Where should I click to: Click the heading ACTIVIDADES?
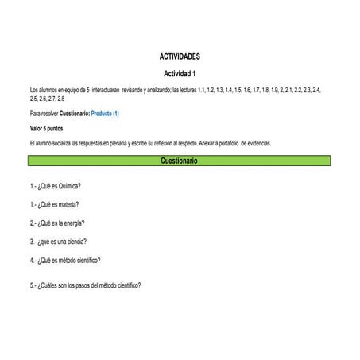coord(180,57)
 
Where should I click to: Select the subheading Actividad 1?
coord(180,72)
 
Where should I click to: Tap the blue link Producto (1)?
coord(105,114)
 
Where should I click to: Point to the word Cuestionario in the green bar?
coord(180,161)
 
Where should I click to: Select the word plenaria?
coord(126,142)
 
